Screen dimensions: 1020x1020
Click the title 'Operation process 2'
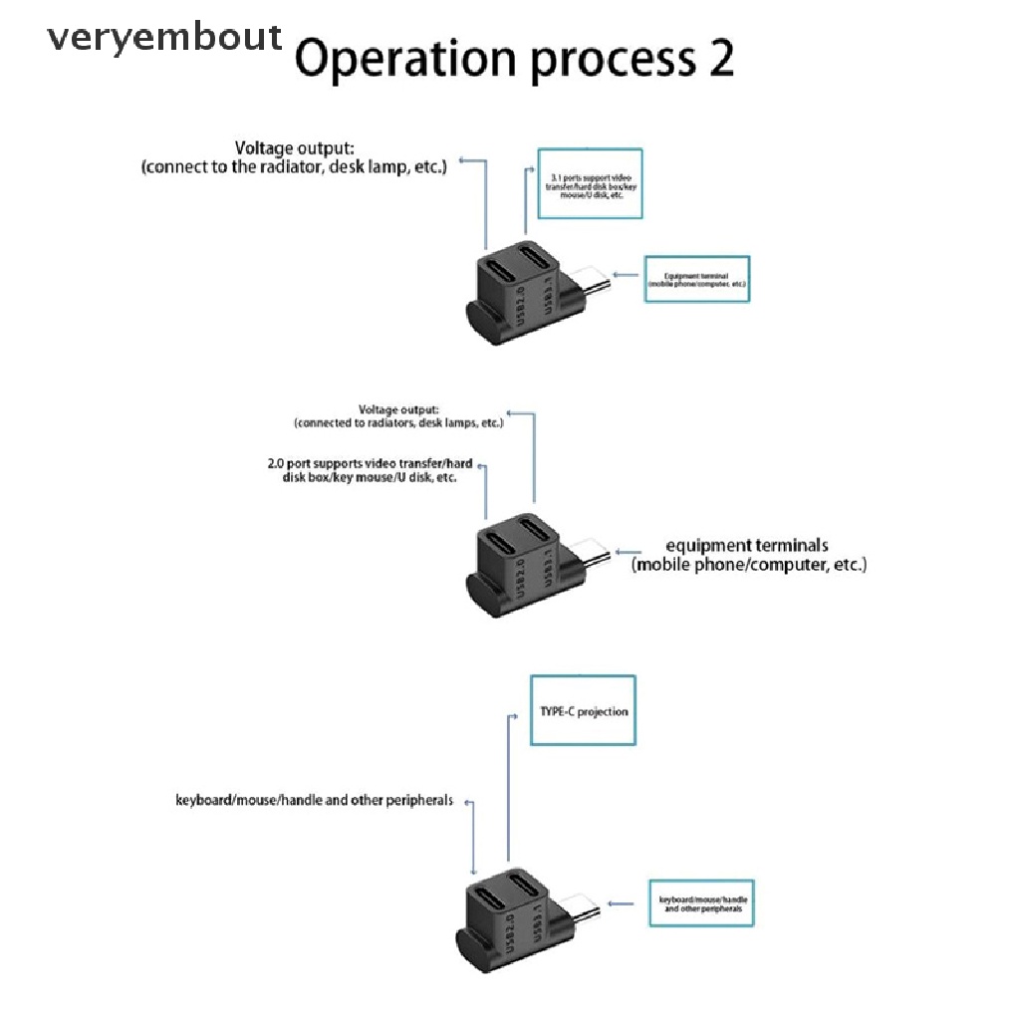[514, 61]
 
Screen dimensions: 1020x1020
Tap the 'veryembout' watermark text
[165, 38]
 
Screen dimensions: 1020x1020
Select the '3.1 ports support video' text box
[590, 183]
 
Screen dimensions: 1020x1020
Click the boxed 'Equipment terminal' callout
[697, 279]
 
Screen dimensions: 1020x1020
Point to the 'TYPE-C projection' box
[582, 711]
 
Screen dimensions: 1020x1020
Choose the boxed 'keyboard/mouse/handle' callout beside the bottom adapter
[701, 903]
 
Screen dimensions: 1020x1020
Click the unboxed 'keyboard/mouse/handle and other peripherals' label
[314, 800]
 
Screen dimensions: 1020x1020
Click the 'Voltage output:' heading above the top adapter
[294, 148]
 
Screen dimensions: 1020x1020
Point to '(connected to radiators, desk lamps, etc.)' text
[398, 422]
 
